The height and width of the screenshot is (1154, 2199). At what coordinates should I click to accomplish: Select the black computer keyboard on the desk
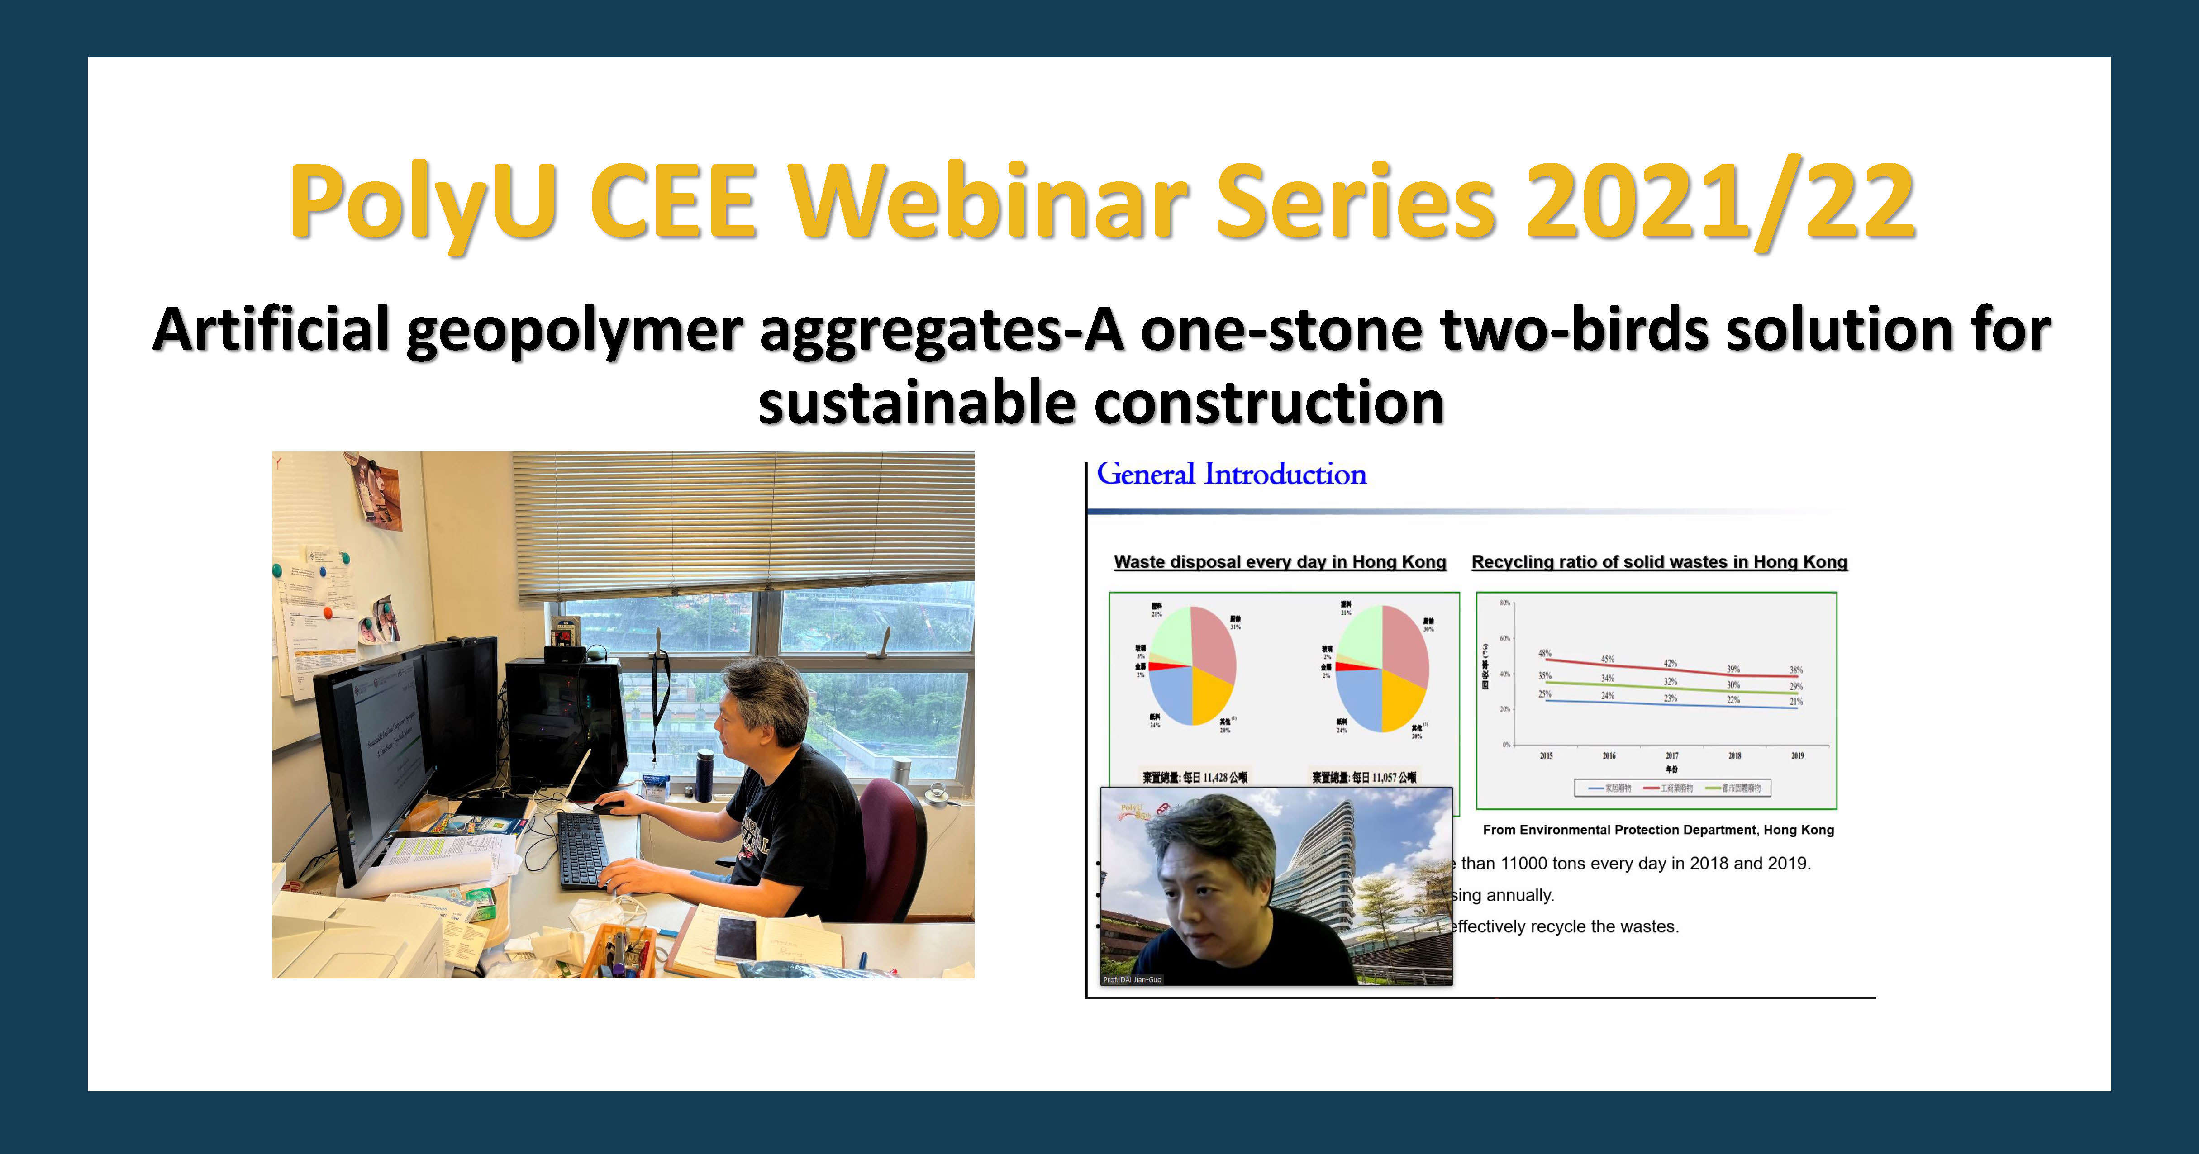(x=584, y=849)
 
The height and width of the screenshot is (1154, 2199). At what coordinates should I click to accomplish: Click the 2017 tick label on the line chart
(x=1671, y=755)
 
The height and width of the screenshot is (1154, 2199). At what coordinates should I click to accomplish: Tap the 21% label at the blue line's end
(x=1796, y=702)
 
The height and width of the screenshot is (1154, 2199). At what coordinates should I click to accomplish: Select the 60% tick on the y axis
(x=1505, y=638)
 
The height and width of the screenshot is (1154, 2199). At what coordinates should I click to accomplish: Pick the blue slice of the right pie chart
(x=1359, y=698)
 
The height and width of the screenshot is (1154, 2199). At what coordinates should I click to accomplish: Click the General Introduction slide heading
(x=1231, y=475)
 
